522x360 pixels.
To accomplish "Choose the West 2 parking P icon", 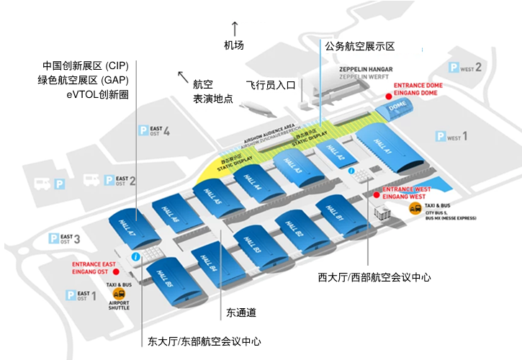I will pos(454,68).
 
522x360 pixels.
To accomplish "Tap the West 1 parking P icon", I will pos(441,136).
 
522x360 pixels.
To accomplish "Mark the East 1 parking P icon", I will pos(71,295).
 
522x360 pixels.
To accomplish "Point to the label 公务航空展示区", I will pos(360,46).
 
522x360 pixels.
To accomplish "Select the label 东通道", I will pos(241,312).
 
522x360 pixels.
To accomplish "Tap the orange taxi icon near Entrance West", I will pos(415,208).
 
